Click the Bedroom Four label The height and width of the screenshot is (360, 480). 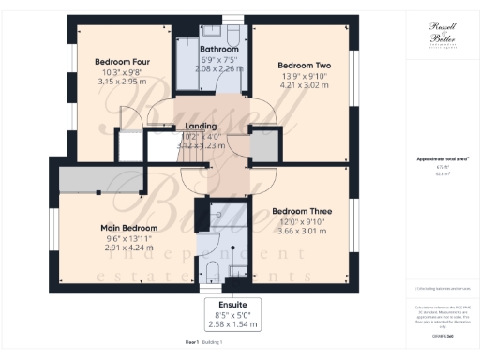(117, 62)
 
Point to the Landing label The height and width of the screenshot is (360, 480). (202, 126)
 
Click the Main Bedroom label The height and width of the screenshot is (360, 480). (129, 228)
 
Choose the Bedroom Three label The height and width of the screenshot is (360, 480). (302, 211)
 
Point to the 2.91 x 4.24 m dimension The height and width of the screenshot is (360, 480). (129, 247)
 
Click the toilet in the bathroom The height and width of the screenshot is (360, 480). (232, 28)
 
